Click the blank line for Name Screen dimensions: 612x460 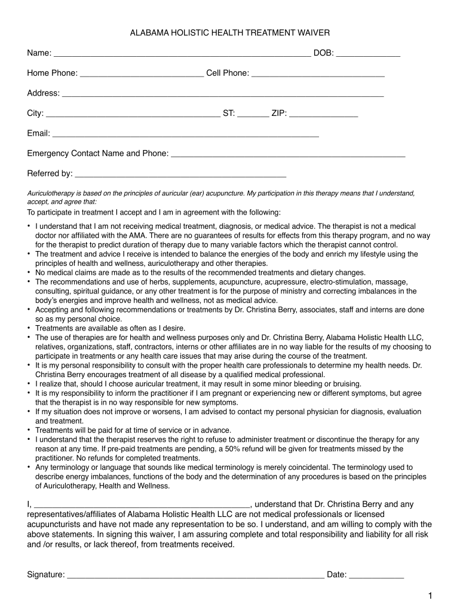182,55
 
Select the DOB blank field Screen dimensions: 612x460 368,55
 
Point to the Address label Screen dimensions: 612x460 43,93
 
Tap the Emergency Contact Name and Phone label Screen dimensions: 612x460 98,154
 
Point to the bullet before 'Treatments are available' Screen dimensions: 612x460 29,328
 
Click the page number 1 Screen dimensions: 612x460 430,596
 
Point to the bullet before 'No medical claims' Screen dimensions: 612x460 29,273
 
